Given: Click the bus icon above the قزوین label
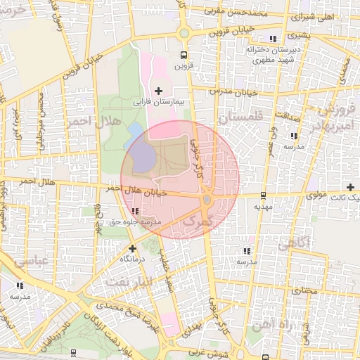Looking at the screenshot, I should click(x=184, y=56).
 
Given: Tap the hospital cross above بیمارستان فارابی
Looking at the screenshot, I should click(x=158, y=91).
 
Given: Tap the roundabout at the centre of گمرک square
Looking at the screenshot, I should click(x=207, y=200).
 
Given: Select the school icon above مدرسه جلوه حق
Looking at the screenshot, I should click(x=134, y=211).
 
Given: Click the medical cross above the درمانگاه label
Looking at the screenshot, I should click(x=132, y=247).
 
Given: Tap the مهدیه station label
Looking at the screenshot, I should click(x=263, y=207).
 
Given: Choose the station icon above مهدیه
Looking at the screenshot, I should click(x=263, y=195).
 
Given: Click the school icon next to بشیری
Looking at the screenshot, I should click(x=273, y=38).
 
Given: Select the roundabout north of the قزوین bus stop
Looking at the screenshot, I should click(x=184, y=32).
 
